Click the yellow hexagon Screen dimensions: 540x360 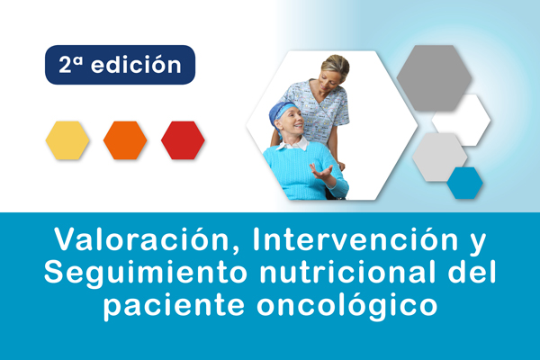click(67, 140)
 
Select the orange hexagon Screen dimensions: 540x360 click(125, 140)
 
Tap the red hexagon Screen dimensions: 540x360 click(183, 140)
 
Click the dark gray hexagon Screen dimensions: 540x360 click(434, 78)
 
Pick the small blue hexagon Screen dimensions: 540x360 click(465, 183)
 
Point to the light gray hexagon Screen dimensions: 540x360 click(438, 157)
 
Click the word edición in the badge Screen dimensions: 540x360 click(136, 65)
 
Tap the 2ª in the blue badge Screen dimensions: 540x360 click(71, 65)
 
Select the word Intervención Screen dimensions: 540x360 click(355, 239)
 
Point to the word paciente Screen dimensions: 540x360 click(175, 305)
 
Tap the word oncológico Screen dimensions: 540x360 click(347, 304)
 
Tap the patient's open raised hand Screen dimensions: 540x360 click(321, 171)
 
